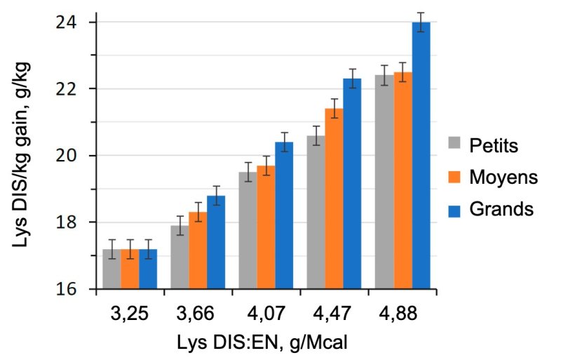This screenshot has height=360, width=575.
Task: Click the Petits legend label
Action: coord(493,146)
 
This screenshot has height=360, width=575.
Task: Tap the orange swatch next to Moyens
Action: coord(457,178)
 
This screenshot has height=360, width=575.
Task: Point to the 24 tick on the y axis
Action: coord(68,22)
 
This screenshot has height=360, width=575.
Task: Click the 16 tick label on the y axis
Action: coord(68,288)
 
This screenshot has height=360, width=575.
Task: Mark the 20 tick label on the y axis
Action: coord(68,156)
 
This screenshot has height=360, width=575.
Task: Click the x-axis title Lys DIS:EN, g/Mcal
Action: coord(263,342)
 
